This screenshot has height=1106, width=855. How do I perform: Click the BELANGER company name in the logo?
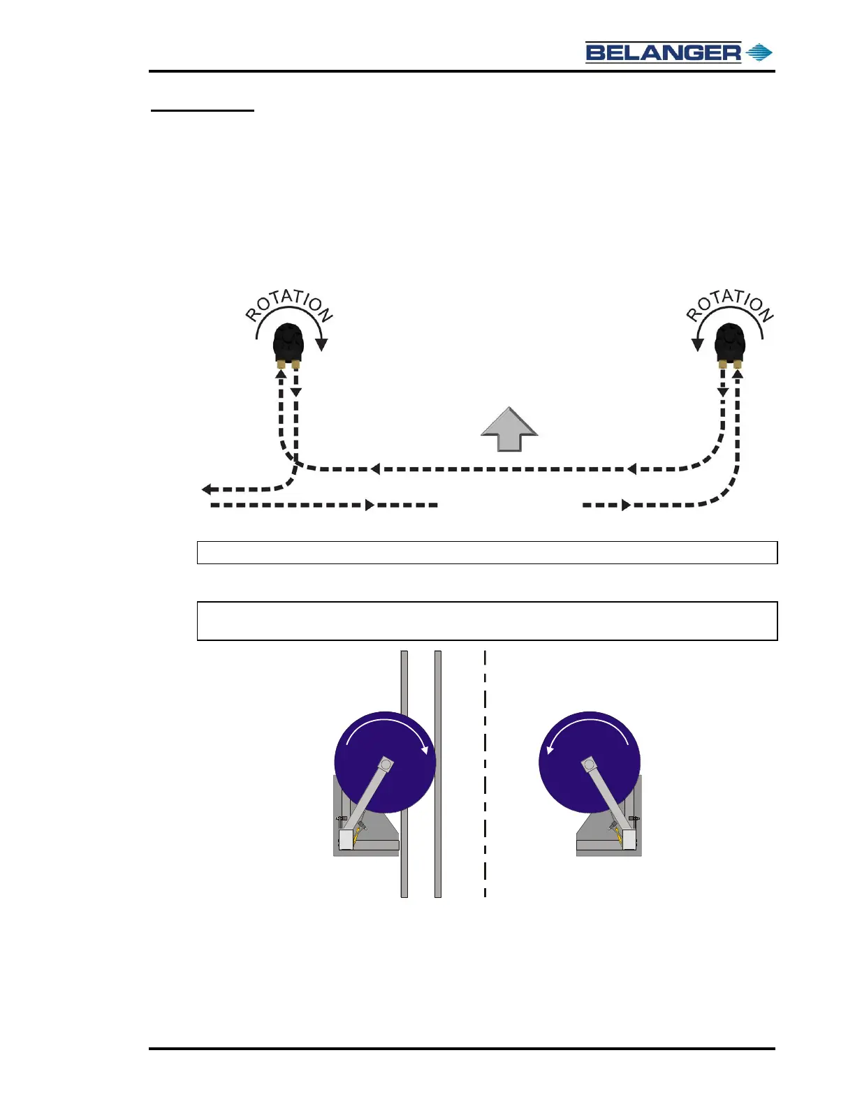coord(663,52)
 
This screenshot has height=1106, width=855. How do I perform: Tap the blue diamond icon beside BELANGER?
coord(759,52)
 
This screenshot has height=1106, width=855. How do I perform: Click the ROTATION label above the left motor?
coord(288,306)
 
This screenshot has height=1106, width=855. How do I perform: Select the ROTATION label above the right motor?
coord(730,305)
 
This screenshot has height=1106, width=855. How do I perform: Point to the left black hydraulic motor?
coord(288,342)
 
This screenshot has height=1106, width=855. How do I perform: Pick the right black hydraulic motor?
coord(730,342)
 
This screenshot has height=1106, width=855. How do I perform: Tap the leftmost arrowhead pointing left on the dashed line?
coord(207,489)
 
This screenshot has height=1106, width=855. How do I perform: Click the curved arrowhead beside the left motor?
coord(321,344)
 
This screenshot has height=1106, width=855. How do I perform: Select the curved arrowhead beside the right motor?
coord(697,344)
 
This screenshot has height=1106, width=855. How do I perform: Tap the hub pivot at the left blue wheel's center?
coord(386,765)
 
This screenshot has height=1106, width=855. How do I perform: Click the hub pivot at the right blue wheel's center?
coord(588,762)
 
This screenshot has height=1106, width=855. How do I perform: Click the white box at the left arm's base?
coord(345,839)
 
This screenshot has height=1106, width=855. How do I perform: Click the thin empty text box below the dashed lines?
coord(487,552)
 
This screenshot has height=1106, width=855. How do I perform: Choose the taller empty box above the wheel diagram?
coord(487,621)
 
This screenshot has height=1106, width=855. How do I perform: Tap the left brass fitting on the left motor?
coord(281,364)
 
